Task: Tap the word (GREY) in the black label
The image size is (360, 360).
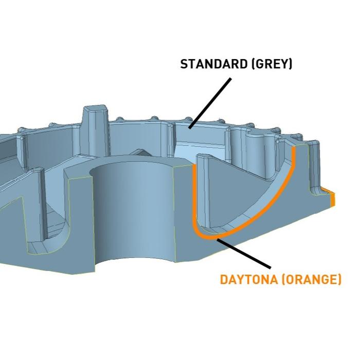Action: [x=273, y=64]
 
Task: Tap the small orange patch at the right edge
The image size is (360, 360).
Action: [x=333, y=197]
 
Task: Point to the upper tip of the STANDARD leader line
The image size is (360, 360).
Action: [x=230, y=79]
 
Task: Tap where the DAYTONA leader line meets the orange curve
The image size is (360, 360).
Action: [x=218, y=239]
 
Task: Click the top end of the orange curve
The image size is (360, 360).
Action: [x=294, y=149]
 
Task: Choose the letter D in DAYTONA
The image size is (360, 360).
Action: [x=224, y=280]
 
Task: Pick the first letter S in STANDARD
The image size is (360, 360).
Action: [x=183, y=64]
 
